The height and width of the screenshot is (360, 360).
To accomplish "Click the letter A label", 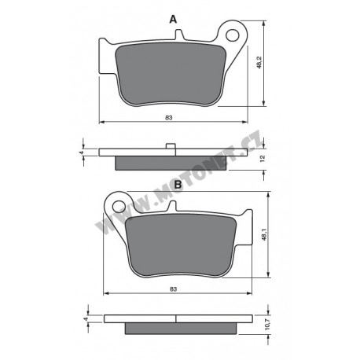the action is coord(173,20).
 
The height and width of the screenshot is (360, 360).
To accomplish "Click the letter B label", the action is coord(178,185).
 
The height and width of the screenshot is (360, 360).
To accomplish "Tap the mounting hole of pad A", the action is coord(233,35).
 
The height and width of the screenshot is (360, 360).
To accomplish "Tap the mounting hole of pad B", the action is coord(119,207).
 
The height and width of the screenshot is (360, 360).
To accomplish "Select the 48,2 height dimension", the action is coord(259,62).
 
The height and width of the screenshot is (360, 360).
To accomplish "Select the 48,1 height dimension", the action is coord(264,234).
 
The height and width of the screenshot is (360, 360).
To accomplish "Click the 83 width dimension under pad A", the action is coord(169,118).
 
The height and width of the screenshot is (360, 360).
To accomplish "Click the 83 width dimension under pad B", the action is coord(173,289).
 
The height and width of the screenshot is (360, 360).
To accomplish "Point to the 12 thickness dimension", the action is coord(263,159).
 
